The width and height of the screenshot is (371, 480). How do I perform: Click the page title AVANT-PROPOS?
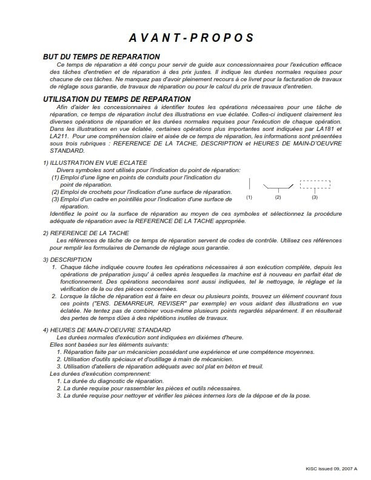(185, 38)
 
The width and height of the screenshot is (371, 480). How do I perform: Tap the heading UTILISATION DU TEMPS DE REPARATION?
(117, 99)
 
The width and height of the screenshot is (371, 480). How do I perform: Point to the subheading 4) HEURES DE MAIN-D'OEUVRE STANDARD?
(102, 330)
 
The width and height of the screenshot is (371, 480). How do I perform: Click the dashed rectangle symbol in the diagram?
(315, 185)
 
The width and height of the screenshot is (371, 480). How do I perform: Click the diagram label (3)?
(315, 198)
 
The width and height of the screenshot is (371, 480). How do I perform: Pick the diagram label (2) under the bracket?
(278, 198)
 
